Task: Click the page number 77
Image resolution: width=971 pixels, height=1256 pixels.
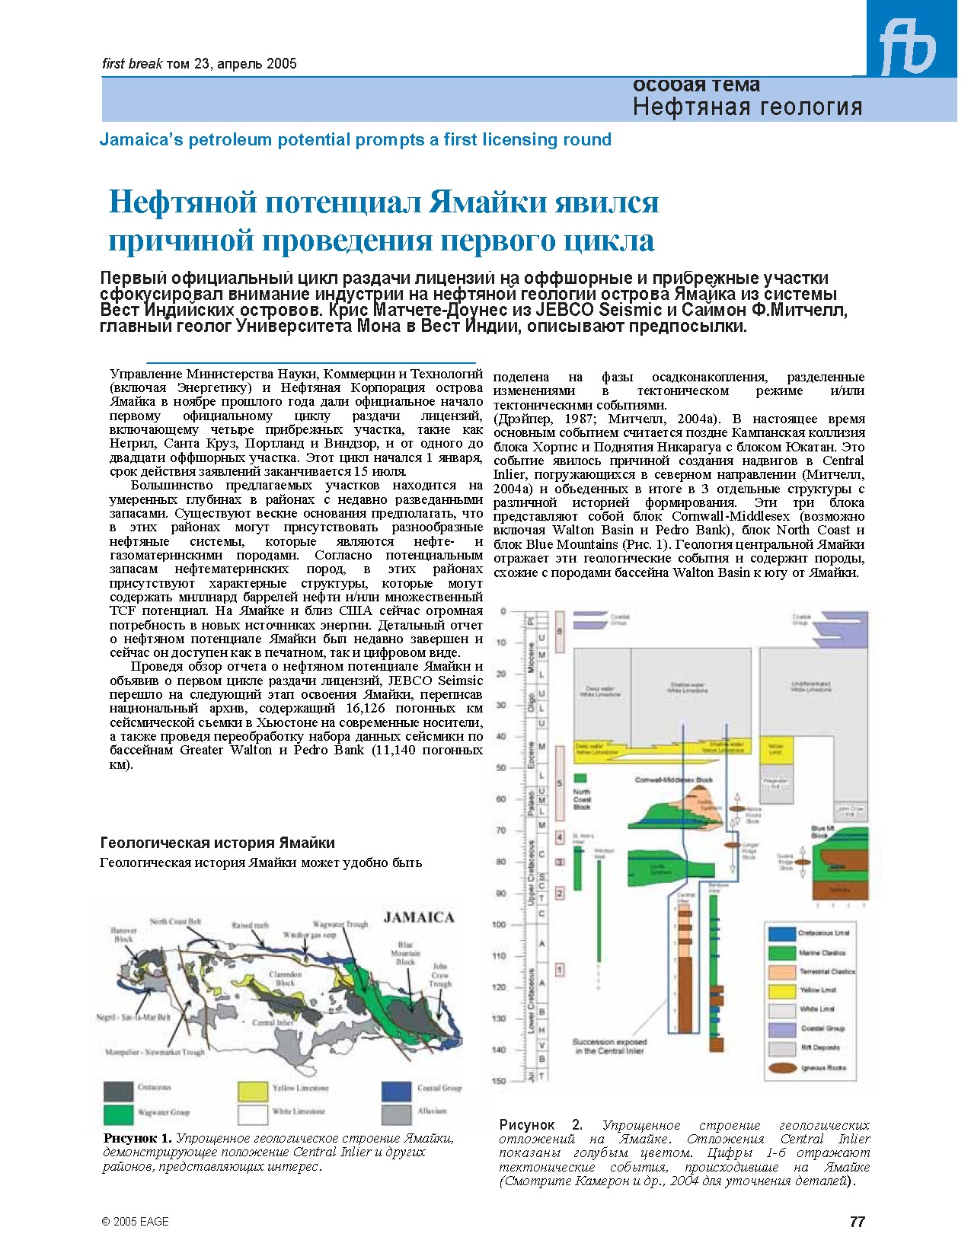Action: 857,1222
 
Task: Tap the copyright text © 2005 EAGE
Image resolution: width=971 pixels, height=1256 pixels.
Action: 135,1222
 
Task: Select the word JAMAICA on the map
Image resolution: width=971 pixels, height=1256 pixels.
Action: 418,917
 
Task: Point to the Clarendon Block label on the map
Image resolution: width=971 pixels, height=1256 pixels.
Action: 286,978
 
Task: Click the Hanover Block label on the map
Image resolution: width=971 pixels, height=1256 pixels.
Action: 123,934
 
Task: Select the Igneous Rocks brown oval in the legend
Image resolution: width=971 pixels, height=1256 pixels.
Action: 781,1068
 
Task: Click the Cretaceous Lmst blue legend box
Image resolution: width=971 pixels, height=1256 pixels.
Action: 781,933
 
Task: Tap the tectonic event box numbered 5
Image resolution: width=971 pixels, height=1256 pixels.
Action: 559,783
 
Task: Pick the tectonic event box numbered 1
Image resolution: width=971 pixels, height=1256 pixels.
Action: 560,970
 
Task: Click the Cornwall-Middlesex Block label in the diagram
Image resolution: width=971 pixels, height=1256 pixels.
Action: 673,780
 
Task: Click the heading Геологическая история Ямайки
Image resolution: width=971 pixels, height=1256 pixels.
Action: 217,843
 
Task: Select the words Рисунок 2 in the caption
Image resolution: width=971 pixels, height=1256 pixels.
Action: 541,1124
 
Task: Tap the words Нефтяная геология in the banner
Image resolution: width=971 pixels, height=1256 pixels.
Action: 747,107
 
